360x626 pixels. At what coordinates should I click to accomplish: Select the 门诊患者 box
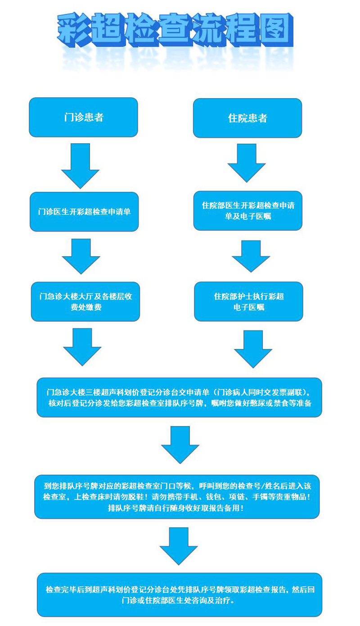click(83, 117)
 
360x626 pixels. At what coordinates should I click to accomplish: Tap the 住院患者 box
click(247, 118)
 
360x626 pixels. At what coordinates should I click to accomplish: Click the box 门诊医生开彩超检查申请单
click(84, 212)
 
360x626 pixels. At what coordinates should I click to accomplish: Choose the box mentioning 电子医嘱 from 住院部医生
click(248, 211)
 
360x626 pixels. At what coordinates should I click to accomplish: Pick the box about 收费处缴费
click(85, 302)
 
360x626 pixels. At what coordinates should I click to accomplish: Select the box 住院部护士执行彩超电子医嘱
click(249, 302)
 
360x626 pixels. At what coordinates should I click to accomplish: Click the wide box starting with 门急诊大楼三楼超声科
click(179, 397)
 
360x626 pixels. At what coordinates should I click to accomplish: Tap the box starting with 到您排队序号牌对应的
click(177, 497)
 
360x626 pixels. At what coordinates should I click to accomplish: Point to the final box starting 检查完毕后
click(179, 594)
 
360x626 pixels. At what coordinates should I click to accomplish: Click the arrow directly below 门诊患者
click(80, 165)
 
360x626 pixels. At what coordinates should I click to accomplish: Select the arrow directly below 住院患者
click(247, 163)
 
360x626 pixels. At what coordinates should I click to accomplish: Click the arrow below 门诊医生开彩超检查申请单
click(81, 256)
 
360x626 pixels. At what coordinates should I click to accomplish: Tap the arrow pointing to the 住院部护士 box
click(251, 256)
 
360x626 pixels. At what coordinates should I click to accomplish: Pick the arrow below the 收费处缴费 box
click(82, 346)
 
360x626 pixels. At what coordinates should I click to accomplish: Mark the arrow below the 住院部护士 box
click(253, 349)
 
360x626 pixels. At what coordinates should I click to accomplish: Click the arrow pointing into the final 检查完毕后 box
click(179, 546)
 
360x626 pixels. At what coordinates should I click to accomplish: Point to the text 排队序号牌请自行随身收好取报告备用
click(176, 508)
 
